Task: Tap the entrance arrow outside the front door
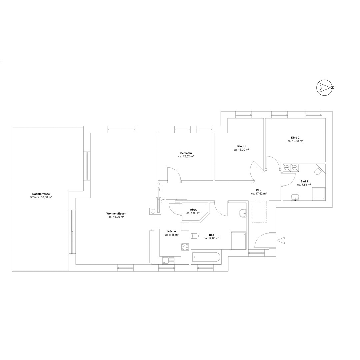click(281, 240)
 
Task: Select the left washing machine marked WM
click(287, 168)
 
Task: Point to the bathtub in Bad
click(206, 257)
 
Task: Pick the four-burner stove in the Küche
click(185, 247)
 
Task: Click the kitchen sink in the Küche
click(168, 260)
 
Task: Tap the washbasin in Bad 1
click(295, 197)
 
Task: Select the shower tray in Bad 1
click(319, 194)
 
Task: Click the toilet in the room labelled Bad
click(195, 236)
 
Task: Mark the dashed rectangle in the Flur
click(259, 212)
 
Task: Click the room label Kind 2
click(295, 138)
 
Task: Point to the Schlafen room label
click(186, 153)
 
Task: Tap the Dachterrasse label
click(41, 194)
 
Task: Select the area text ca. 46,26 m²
click(116, 217)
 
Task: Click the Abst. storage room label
click(193, 210)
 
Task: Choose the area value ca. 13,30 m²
click(242, 149)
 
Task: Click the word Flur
click(259, 190)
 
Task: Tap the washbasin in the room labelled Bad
click(243, 213)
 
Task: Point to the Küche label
click(172, 231)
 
